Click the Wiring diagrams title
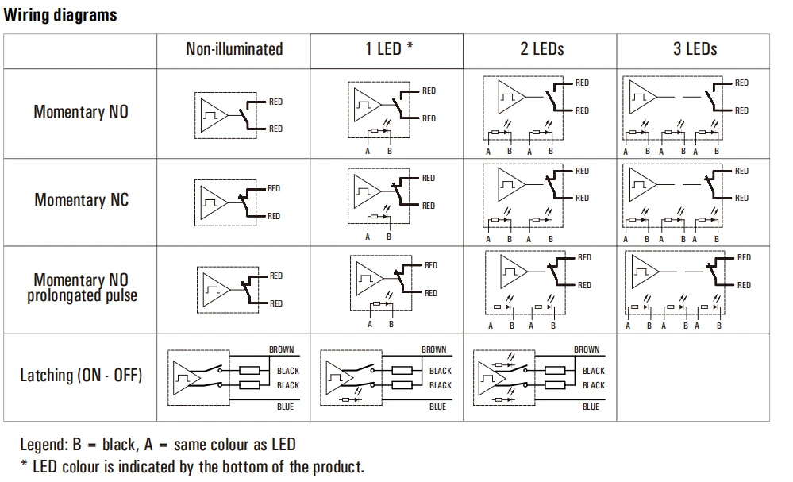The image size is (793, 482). coord(60,15)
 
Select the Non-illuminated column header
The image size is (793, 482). coord(234,49)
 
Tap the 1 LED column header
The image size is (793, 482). coord(389,48)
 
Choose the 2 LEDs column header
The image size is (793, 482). coord(541,49)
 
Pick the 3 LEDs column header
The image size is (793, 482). coord(695,49)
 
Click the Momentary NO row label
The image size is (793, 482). coord(81,112)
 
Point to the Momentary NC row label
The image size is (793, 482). coord(81,200)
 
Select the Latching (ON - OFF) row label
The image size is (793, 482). coord(81,376)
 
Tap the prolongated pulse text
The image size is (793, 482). coord(82,295)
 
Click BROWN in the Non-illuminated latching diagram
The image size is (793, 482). coord(281,349)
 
